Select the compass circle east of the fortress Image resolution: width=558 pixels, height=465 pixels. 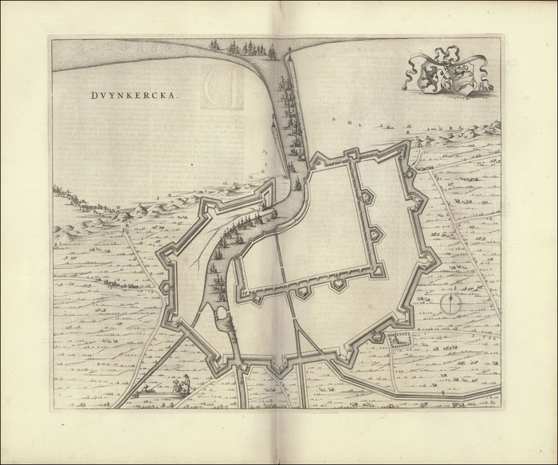coord(451,305)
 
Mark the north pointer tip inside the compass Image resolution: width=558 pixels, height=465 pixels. coord(451,297)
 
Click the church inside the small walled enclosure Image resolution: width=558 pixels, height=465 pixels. coord(395,341)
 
